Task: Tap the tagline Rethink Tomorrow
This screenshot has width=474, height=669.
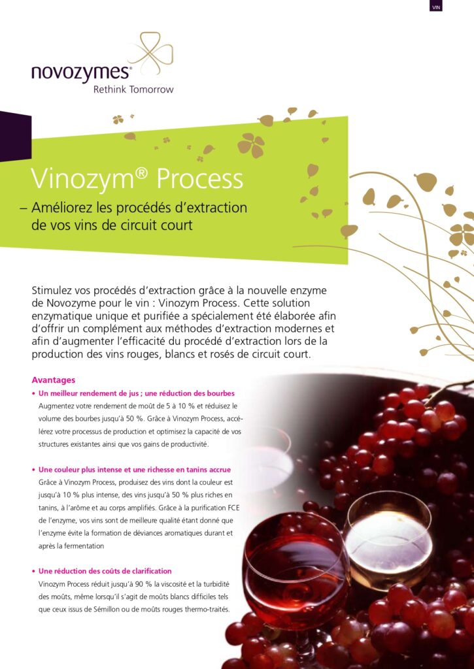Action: click(x=133, y=90)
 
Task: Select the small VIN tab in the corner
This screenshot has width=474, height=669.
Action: click(x=435, y=7)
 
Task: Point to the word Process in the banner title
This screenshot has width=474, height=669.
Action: click(x=199, y=179)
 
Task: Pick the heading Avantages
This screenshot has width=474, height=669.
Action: click(x=54, y=380)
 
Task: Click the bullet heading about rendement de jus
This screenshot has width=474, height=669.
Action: click(x=136, y=393)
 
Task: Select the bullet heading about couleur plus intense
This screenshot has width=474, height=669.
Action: click(x=135, y=470)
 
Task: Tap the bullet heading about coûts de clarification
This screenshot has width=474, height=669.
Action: click(x=105, y=571)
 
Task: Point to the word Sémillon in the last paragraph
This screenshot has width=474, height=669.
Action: click(x=107, y=610)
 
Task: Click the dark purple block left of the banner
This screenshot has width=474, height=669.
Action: click(x=16, y=136)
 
